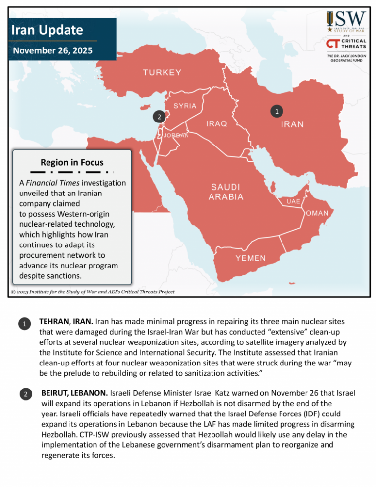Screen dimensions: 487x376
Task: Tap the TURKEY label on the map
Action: click(x=162, y=73)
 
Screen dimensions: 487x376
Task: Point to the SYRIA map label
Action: click(x=185, y=106)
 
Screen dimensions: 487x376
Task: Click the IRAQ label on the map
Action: click(x=216, y=124)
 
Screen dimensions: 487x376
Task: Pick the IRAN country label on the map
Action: click(x=292, y=124)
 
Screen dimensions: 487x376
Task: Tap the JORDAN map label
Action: click(x=176, y=135)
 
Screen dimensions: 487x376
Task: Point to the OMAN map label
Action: click(x=321, y=214)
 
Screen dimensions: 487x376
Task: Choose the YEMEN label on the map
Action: click(x=251, y=258)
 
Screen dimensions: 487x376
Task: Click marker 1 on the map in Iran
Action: click(x=277, y=111)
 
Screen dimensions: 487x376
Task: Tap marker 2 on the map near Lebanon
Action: click(x=158, y=117)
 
